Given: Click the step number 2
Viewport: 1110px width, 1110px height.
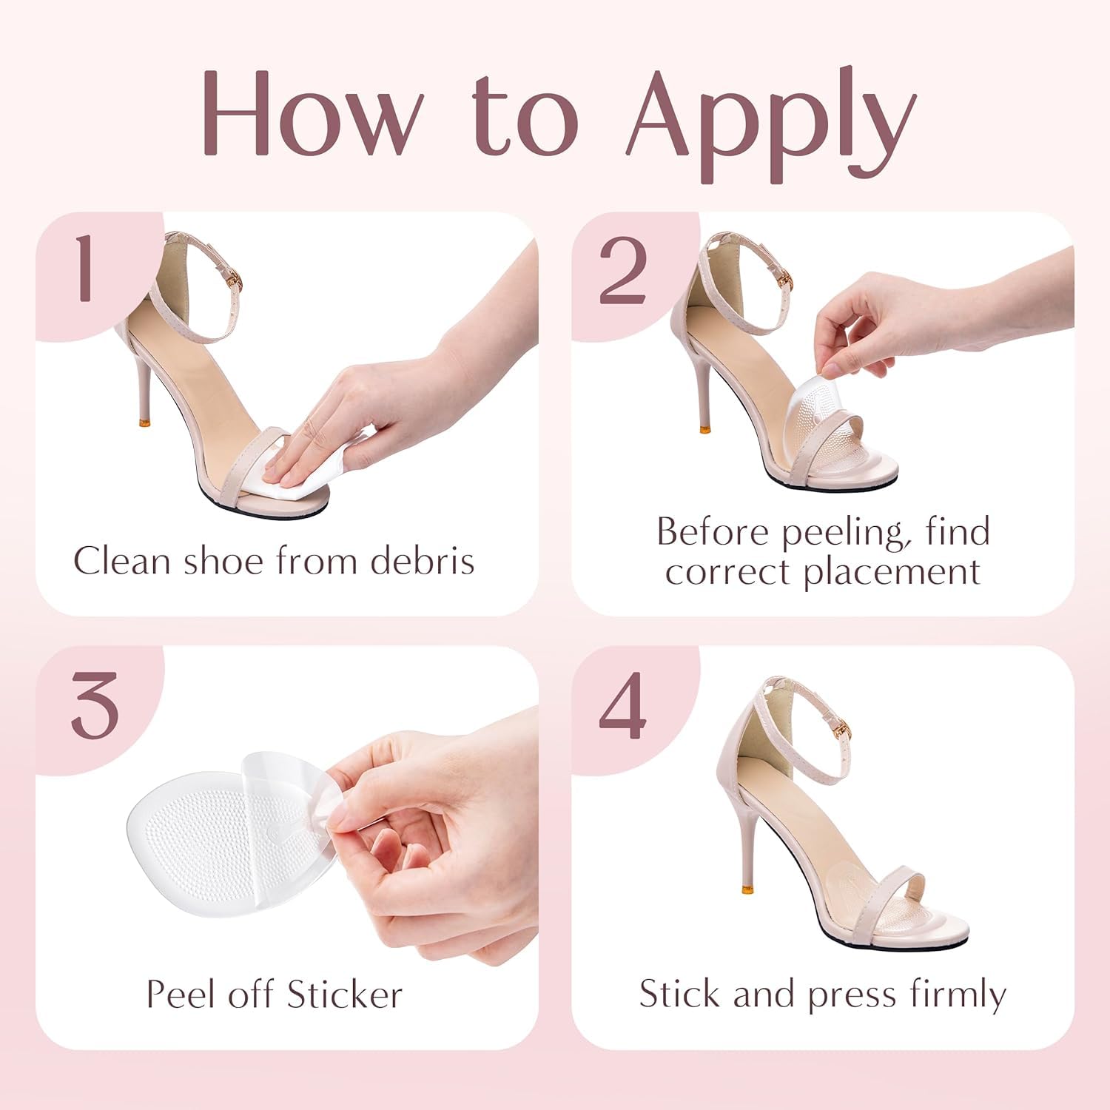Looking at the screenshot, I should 622,271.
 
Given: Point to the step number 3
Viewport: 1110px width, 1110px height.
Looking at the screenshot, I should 95,705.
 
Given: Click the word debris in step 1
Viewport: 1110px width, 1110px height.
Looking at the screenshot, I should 422,560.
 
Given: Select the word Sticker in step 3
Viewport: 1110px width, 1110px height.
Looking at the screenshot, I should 345,994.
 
